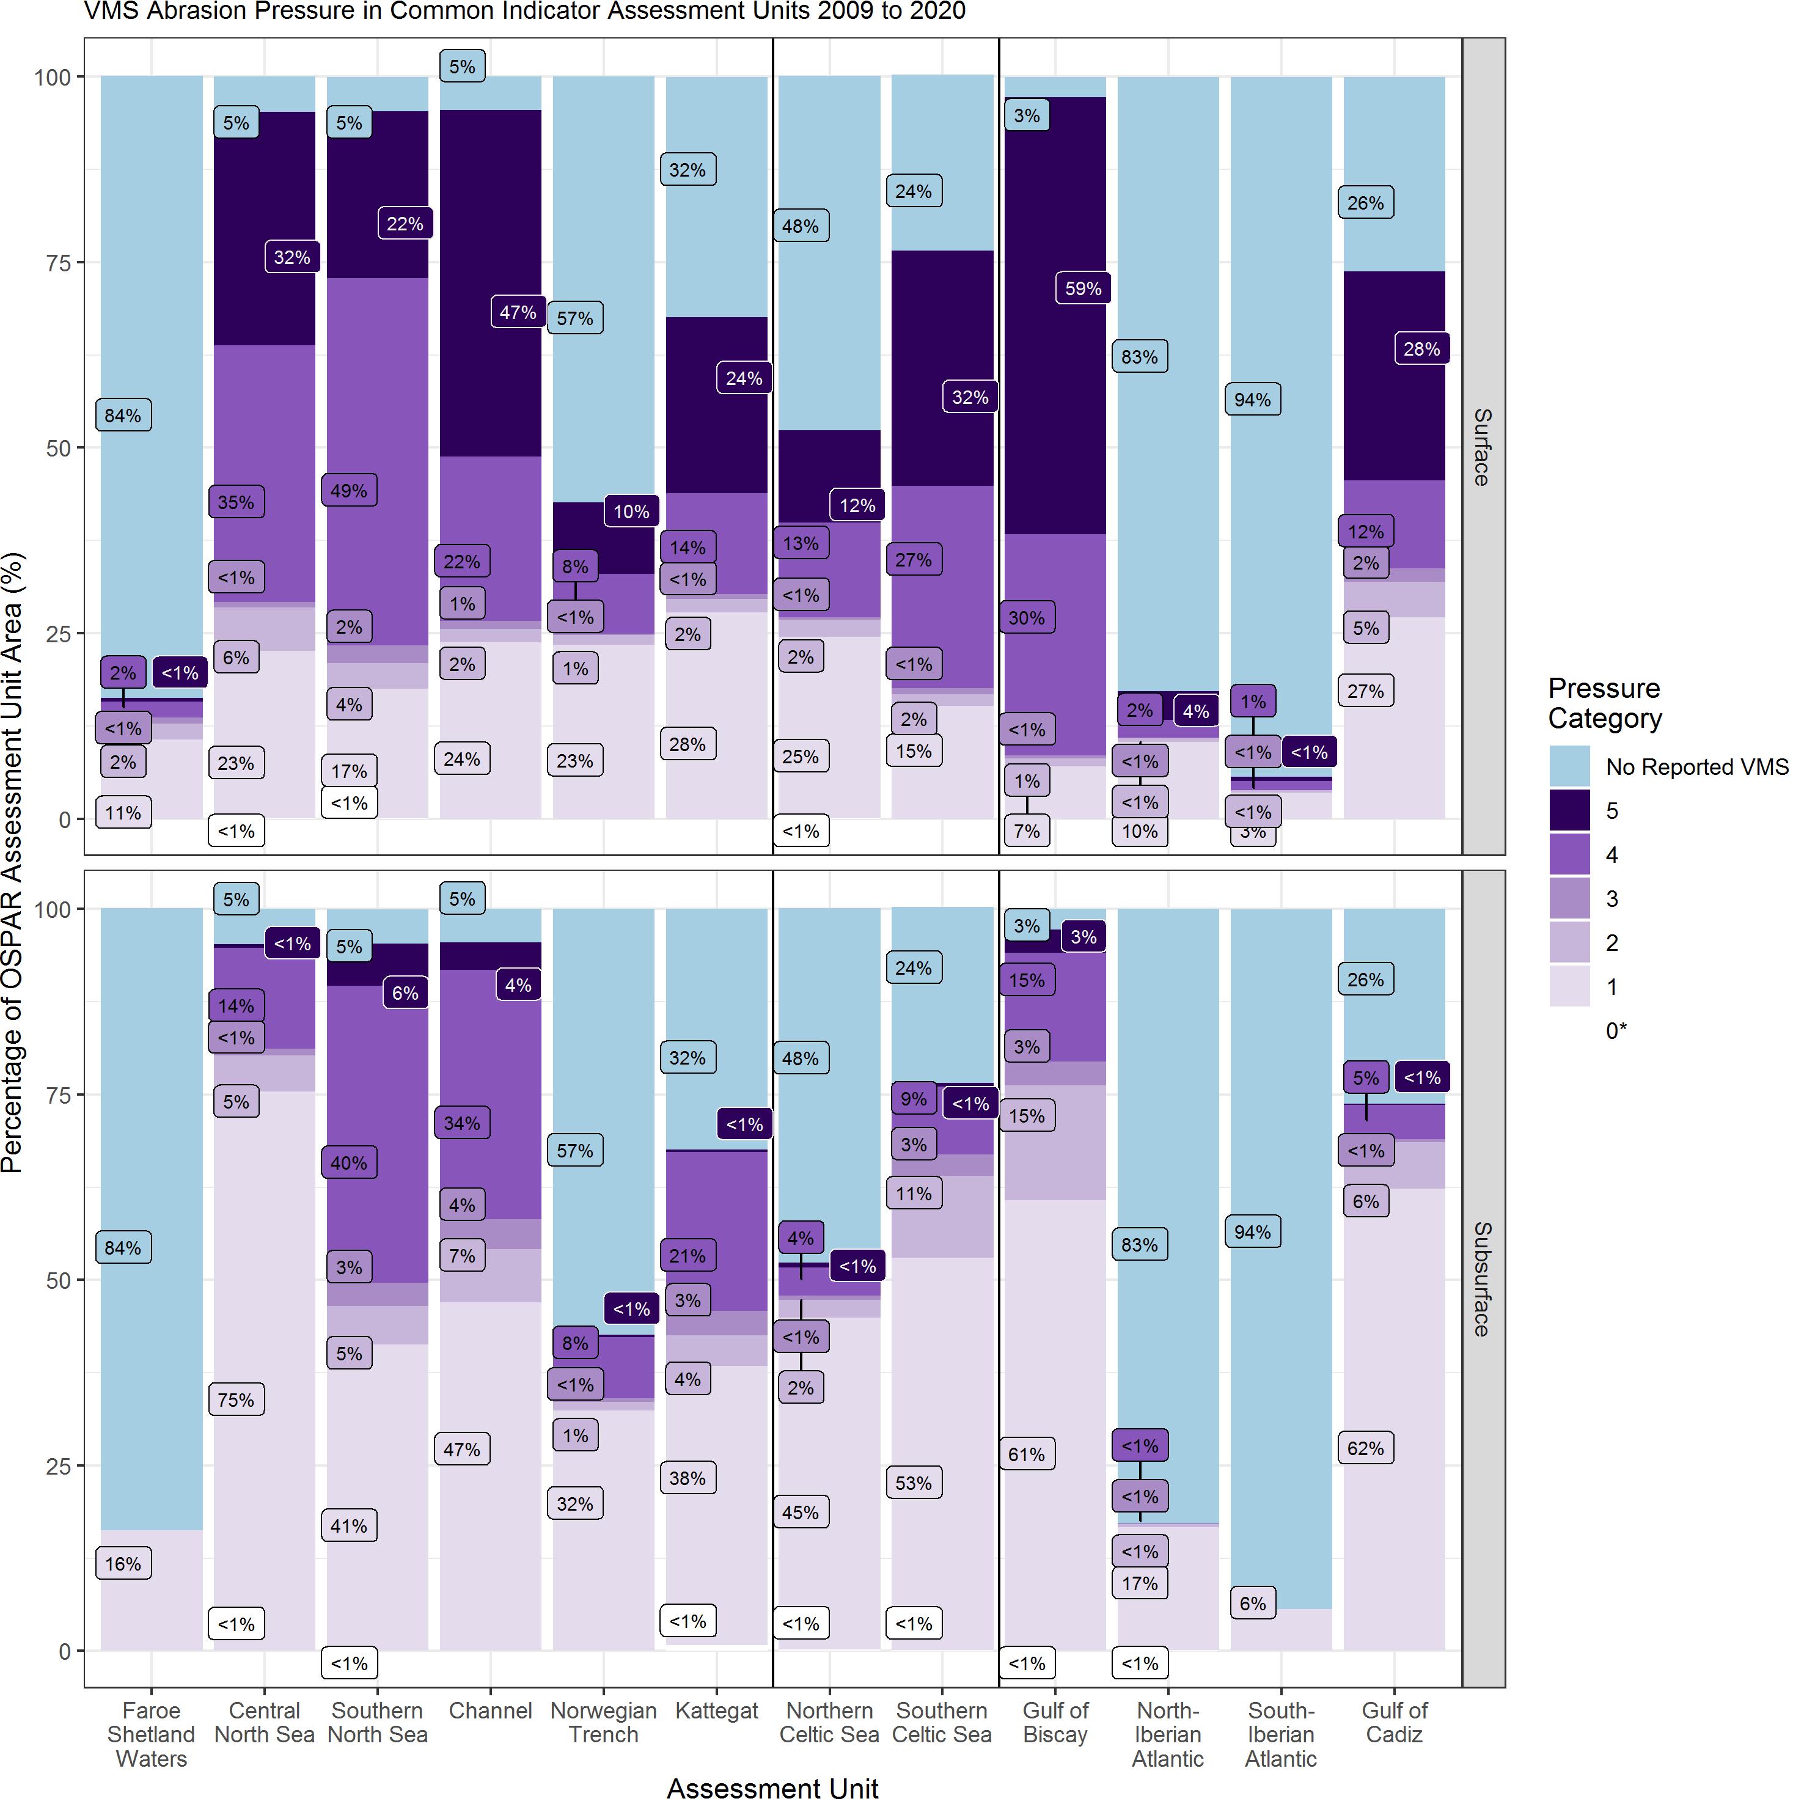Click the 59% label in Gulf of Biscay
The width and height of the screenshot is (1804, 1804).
tap(1083, 288)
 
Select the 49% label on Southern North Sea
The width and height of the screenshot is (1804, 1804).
tap(348, 491)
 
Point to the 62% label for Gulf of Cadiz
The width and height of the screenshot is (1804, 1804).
tap(1365, 1448)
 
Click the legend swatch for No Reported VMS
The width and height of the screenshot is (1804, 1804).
tap(1569, 766)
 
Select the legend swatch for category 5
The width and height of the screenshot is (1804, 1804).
tap(1569, 810)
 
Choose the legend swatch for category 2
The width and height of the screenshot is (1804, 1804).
tap(1569, 943)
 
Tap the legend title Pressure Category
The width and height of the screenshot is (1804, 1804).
tap(1604, 703)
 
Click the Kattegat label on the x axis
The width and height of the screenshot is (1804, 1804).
tap(716, 1711)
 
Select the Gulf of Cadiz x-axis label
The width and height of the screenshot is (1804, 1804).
tap(1394, 1723)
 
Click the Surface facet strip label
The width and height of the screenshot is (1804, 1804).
tap(1482, 446)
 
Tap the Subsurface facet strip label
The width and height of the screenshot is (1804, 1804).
tap(1482, 1279)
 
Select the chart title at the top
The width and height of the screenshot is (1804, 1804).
tap(525, 11)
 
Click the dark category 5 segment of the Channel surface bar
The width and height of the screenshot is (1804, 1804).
tap(490, 280)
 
